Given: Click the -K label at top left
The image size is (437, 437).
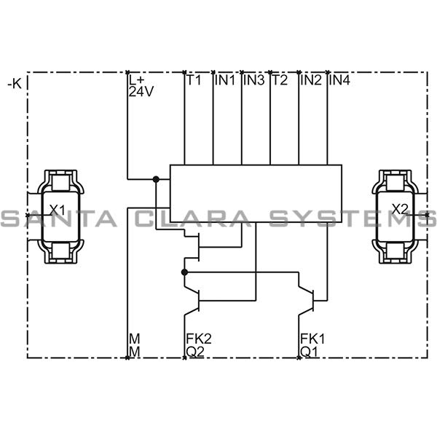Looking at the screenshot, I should point(14,84).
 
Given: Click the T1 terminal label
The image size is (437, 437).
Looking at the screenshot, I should point(193,81).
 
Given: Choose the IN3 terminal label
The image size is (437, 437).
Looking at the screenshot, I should point(254,81).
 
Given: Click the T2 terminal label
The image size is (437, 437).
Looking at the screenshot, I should point(280,81).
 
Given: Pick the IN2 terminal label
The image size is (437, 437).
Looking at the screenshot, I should point(311,81).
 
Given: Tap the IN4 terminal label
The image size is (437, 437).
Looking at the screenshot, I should point(340,81).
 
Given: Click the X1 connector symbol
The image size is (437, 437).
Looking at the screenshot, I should point(58,216).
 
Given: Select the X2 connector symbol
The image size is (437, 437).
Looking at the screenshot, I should point(399,216).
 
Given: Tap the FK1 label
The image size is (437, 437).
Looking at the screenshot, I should point(312,339).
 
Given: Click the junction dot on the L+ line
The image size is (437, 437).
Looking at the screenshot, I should point(155,178).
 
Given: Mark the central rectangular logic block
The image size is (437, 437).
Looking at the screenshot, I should point(256,193).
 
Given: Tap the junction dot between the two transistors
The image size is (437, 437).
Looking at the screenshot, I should point(184,272).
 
